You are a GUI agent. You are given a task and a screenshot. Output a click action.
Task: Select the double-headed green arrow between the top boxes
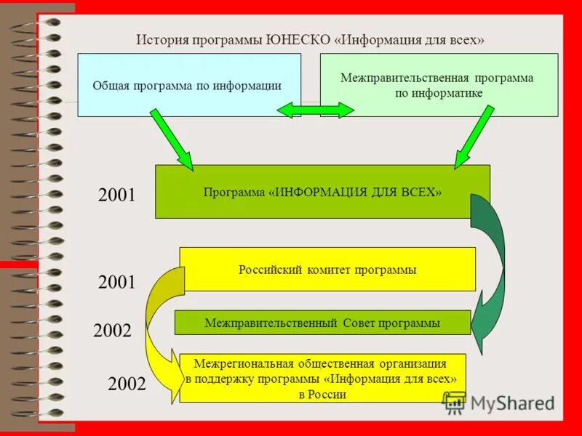(315, 110)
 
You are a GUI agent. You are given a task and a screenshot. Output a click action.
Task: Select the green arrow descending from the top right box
(474, 138)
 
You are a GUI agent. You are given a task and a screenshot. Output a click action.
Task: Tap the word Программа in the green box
(234, 192)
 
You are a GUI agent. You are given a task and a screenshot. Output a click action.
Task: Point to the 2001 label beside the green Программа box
(116, 195)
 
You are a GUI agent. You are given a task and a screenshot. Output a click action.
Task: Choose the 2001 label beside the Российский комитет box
(116, 283)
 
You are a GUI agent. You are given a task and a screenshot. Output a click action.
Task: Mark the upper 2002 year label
(112, 331)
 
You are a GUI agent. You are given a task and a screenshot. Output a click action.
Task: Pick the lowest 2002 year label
(127, 384)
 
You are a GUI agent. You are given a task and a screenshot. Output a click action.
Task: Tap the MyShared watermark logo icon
(454, 400)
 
